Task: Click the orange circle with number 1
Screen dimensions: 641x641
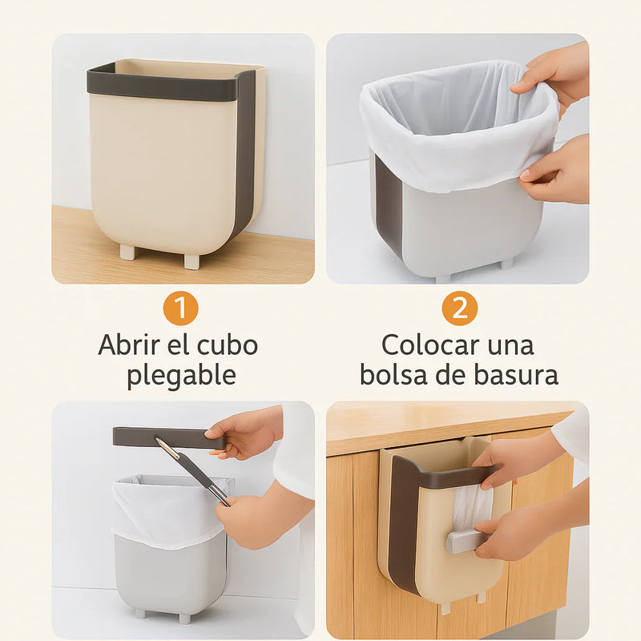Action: tap(180, 308)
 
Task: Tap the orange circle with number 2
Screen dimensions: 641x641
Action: tap(459, 308)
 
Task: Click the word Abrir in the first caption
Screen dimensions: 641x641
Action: tap(129, 345)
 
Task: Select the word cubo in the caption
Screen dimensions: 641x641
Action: tap(228, 345)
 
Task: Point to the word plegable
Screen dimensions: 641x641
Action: tap(181, 376)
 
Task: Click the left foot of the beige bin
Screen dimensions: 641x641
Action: tap(127, 251)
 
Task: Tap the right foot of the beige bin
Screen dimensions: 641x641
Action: tap(192, 261)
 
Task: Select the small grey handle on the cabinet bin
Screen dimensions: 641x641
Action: tap(464, 540)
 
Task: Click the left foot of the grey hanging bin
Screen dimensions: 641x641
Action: tap(140, 613)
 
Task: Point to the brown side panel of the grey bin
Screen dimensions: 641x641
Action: tap(388, 204)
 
